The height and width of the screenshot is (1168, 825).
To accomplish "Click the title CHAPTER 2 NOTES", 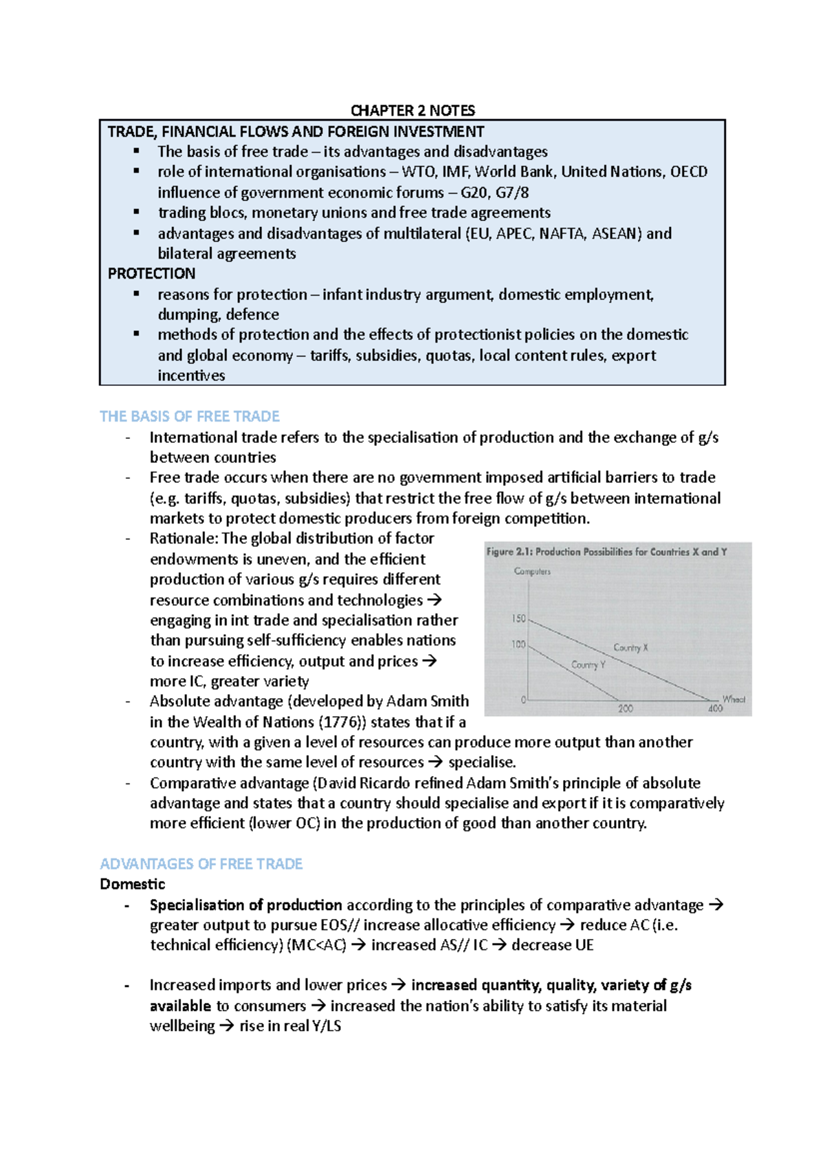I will [412, 110].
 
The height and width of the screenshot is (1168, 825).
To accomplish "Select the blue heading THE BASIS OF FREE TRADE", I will [189, 416].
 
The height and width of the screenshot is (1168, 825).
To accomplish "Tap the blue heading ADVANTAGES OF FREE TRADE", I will [201, 863].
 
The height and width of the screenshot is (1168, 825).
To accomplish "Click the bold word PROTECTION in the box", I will [151, 273].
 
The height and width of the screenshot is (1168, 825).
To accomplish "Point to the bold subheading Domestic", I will [132, 884].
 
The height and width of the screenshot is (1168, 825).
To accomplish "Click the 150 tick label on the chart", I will [518, 618].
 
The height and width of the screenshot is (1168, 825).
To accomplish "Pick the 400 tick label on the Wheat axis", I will [715, 709].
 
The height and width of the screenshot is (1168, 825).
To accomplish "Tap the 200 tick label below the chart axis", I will [625, 709].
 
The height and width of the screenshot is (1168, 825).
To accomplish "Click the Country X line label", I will [630, 647].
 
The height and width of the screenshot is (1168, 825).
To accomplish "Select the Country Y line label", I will [588, 664].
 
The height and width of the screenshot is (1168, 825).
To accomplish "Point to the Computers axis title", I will [532, 572].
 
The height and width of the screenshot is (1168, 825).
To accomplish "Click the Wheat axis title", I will [734, 699].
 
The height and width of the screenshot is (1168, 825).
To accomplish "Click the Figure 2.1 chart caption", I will [606, 552].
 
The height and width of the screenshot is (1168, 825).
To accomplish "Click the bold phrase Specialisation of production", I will [245, 905].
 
